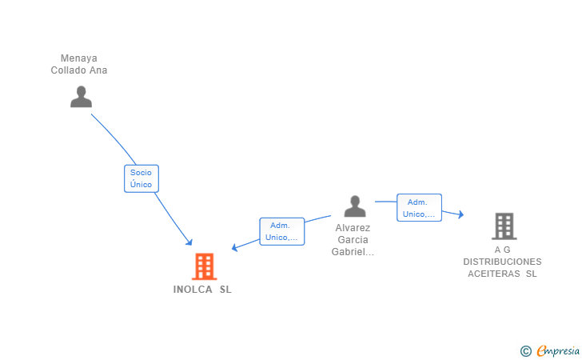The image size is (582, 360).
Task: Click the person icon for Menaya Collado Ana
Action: point(81,97)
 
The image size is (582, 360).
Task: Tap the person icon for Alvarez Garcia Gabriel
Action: point(354,206)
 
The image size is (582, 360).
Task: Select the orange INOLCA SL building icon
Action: point(204,266)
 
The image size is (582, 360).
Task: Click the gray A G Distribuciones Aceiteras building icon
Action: point(504,226)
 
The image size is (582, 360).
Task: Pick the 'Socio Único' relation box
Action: point(141,178)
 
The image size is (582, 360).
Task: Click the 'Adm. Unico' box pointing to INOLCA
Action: point(281,231)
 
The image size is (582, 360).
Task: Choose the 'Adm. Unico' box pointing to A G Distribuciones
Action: point(419,208)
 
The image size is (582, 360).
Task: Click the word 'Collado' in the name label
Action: point(68,70)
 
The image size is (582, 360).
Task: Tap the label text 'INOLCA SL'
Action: point(202,290)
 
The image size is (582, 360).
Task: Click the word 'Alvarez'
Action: point(353,227)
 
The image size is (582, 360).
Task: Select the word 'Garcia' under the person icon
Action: point(353,240)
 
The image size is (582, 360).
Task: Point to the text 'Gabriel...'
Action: point(353,252)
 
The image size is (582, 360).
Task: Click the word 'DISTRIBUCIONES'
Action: point(502,262)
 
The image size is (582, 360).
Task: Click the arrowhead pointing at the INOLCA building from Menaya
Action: point(189,242)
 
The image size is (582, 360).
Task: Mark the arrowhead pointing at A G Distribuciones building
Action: point(460,214)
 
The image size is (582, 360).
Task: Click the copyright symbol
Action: point(525,350)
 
